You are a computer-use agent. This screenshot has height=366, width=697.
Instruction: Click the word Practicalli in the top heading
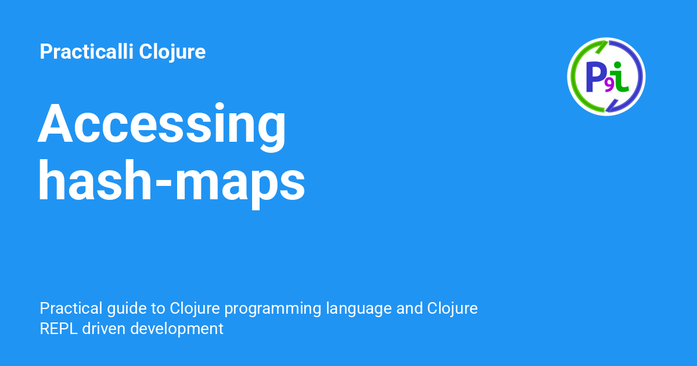(87, 51)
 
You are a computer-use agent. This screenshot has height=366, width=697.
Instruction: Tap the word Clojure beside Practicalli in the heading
(172, 52)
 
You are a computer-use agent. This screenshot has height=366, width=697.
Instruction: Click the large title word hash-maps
(171, 184)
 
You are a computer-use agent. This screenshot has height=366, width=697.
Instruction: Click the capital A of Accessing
(55, 124)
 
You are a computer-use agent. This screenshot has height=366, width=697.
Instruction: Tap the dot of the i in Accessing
(220, 106)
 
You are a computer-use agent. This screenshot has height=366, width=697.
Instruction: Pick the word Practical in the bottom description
(71, 308)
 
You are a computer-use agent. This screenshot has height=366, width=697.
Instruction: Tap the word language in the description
(358, 309)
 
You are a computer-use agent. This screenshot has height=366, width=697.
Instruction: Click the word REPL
(59, 329)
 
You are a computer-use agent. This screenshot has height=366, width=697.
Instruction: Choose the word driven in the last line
(103, 328)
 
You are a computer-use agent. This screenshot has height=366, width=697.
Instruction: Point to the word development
(177, 329)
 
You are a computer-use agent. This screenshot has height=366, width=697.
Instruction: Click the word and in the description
(409, 308)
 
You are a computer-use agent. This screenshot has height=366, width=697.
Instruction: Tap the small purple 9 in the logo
(609, 86)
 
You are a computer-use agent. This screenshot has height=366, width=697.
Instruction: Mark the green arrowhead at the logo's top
(602, 46)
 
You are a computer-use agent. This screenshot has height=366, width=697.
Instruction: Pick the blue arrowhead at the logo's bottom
(612, 106)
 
